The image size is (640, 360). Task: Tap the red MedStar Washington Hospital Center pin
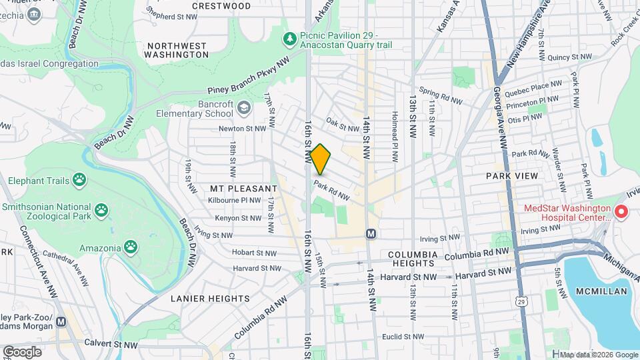[621, 212]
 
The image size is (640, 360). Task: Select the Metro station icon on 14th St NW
[371, 234]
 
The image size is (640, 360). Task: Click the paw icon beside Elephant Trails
[81, 179]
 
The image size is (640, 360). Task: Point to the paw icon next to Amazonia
[130, 248]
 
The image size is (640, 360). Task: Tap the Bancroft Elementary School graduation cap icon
[245, 107]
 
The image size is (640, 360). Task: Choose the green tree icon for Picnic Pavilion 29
[289, 39]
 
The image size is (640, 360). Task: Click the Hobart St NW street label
[254, 253]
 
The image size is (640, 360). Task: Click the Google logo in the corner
[22, 351]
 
